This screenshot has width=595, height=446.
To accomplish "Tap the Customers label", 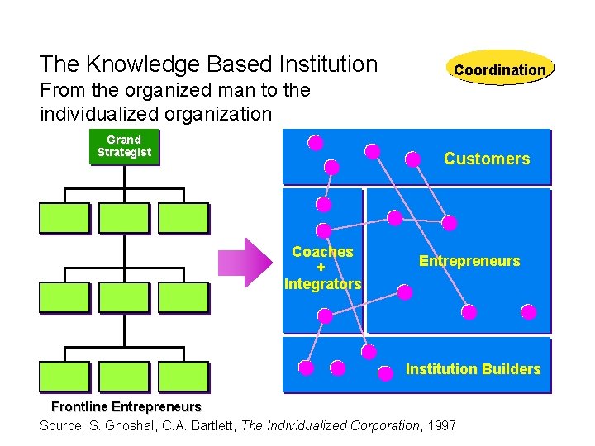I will [486, 159].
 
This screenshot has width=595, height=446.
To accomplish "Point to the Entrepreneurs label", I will [469, 261].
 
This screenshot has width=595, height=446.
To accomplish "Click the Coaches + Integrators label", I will [322, 268].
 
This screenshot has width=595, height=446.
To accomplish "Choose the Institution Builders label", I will [473, 369].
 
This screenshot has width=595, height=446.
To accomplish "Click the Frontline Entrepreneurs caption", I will [126, 406].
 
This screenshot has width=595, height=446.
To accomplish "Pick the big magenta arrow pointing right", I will [245, 263].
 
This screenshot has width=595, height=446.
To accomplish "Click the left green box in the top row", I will [64, 218].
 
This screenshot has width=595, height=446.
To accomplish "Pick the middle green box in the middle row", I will [124, 297].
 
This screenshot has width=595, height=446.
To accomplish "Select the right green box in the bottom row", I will [183, 376].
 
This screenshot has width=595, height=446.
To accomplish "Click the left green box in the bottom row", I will [64, 376].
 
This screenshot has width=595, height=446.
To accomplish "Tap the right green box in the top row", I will [183, 218].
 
